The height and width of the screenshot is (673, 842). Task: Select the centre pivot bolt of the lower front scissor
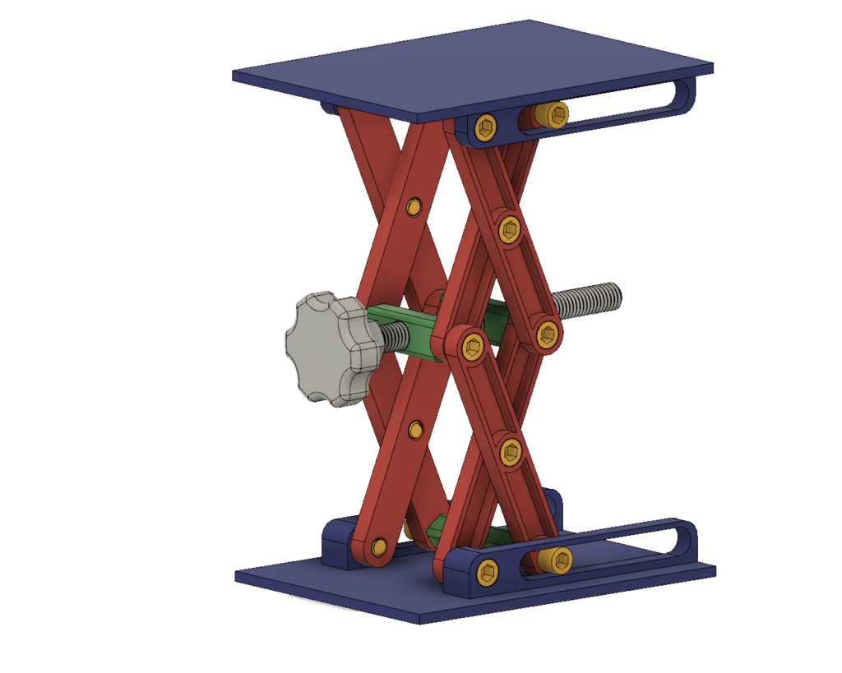tap(511, 451)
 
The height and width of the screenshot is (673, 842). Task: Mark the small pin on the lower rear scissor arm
tap(416, 429)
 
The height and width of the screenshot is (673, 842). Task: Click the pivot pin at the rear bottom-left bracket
tap(378, 546)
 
